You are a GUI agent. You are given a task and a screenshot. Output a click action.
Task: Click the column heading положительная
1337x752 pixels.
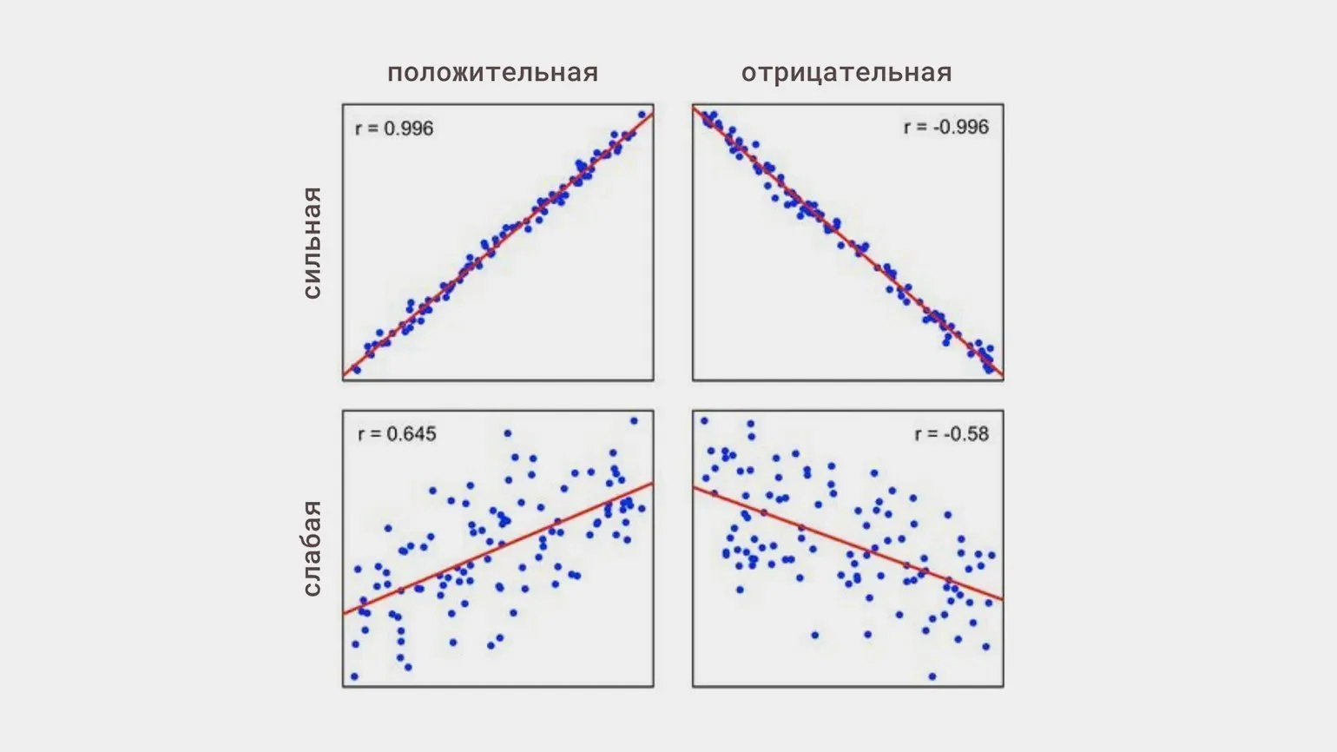coord(492,72)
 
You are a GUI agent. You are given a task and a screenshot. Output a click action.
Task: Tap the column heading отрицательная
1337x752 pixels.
coord(846,72)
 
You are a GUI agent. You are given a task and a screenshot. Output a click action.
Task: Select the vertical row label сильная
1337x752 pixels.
coord(312,243)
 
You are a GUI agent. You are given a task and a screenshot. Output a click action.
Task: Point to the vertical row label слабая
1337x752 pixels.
coord(312,549)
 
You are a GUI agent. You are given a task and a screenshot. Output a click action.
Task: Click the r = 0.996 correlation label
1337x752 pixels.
coord(394,129)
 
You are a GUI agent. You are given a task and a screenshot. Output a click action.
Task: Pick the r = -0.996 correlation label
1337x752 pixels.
coord(945,127)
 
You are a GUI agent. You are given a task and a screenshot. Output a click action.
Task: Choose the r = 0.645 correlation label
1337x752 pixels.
coord(397,433)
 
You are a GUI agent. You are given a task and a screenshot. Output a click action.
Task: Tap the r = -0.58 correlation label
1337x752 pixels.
coord(952,433)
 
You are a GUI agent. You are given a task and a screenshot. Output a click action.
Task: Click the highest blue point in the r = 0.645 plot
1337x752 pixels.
coord(634,420)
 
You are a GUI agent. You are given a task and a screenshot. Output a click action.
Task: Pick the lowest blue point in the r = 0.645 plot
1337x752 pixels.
coord(354,676)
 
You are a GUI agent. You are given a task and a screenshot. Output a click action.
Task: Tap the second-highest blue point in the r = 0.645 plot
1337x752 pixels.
coord(507,432)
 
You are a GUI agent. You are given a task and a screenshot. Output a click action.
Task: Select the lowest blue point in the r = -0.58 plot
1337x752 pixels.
coord(932,676)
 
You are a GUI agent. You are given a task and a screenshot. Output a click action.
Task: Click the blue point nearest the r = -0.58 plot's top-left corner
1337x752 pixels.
coord(704,421)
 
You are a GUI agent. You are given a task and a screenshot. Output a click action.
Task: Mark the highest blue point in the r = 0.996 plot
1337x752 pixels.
coord(642,114)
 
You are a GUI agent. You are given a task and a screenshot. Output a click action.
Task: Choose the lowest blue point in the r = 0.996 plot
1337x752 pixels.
coord(356,369)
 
